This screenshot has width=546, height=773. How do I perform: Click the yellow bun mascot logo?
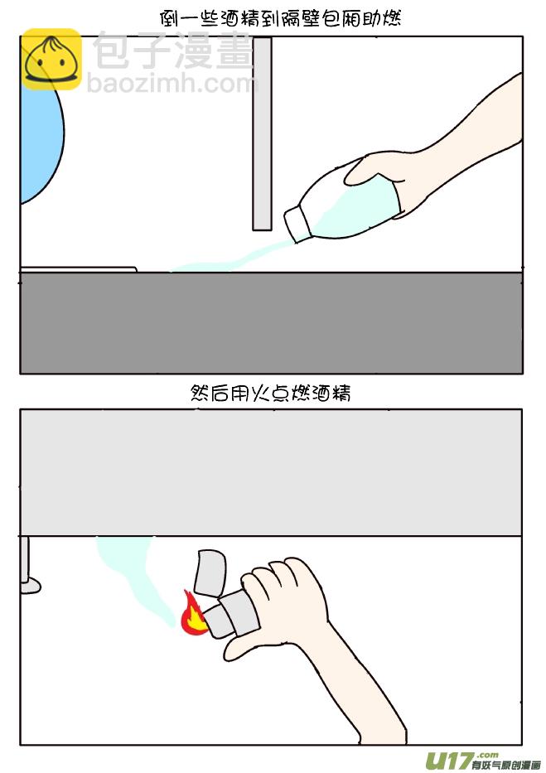point(51,59)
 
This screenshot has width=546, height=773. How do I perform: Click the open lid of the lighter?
point(210,570)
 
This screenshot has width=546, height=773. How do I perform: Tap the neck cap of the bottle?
point(297,221)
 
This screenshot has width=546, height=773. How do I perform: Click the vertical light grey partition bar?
point(262,133)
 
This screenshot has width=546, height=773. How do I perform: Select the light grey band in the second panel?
point(271,472)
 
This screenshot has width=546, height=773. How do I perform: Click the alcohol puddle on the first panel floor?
point(215,264)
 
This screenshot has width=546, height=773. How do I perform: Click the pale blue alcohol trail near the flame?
point(133,572)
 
